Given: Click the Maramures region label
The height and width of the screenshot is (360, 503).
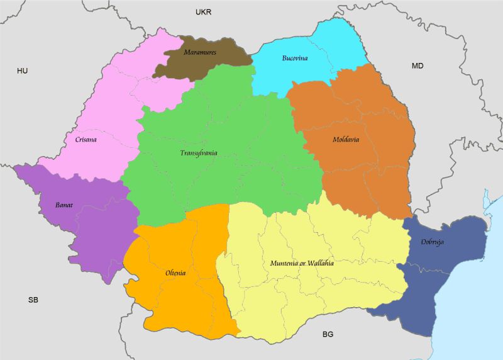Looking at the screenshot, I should pos(200,52).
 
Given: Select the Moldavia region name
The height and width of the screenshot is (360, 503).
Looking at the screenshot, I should pos(346,140).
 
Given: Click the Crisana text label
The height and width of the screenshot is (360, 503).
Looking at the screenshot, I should pos(85,140).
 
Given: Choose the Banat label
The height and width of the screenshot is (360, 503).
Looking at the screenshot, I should pos(64,205).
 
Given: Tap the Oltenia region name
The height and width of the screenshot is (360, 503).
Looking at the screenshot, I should pos(175,273).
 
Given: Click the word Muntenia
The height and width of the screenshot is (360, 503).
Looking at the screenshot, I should pos(284,263).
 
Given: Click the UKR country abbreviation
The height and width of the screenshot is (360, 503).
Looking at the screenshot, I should pos(204,12).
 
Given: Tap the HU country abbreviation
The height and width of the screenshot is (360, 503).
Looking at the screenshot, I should pos(23,71).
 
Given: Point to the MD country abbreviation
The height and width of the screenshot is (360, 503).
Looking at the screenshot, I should pos(417,66).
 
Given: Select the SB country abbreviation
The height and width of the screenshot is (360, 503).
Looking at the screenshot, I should pos(33,300).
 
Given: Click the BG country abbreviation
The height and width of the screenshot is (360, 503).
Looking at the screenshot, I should pos(328,334).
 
